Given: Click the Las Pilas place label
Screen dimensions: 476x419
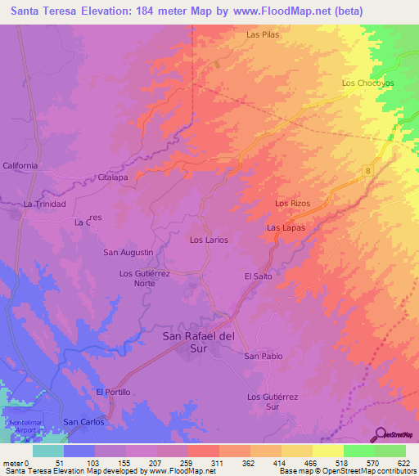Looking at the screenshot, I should click(x=263, y=35).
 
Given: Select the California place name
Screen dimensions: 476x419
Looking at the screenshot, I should click(x=20, y=165).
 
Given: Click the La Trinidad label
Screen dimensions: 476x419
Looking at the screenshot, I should click(x=44, y=204).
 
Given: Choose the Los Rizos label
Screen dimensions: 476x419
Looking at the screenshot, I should click(x=292, y=203).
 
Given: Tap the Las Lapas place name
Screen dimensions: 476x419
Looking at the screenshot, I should click(x=286, y=227).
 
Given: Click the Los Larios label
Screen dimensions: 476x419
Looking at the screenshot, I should click(x=209, y=240).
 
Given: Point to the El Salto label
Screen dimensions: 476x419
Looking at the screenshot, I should click(x=258, y=276).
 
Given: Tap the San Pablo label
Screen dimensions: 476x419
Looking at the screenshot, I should click(x=264, y=356).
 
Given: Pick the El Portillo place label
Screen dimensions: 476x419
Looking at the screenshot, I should click(x=113, y=392).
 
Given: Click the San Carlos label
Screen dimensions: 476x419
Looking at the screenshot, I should click(x=83, y=421).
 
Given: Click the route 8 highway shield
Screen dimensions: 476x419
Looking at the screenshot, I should click(x=368, y=169).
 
